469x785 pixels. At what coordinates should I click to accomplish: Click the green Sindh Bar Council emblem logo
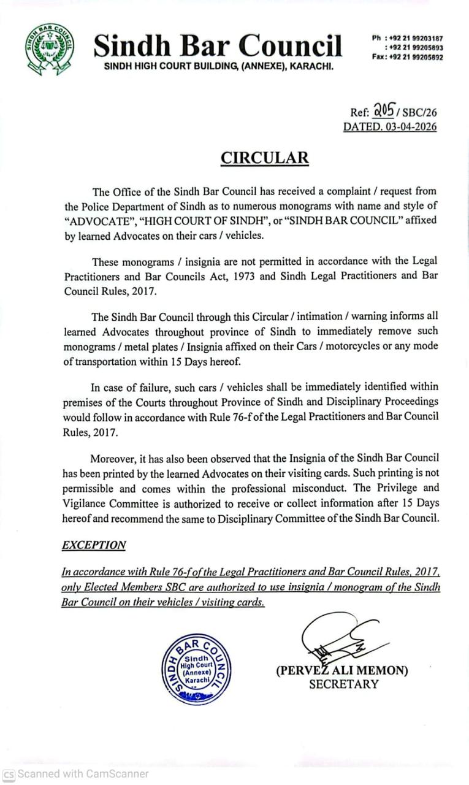coord(50,50)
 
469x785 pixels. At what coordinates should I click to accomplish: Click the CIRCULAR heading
coord(265,158)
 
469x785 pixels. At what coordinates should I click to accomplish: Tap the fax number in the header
coord(416,58)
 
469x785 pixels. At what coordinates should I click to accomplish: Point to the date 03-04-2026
coord(410,128)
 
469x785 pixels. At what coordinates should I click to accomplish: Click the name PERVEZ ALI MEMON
coord(342,670)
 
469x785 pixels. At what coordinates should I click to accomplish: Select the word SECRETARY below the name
coord(343,684)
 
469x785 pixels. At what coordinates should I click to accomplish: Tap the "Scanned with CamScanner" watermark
coord(76,774)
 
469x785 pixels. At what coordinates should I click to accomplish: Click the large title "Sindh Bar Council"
coord(218,45)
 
